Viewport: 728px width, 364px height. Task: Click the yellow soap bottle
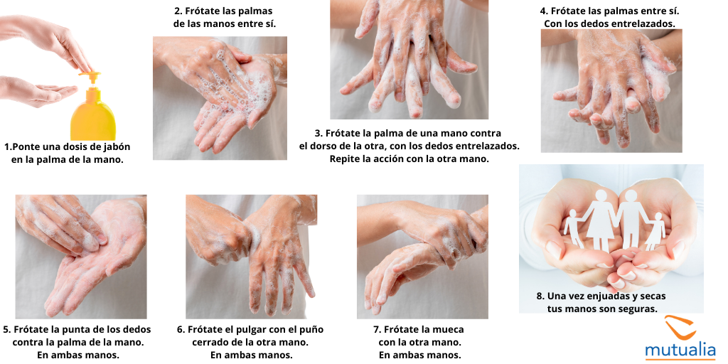pyautogui.click(x=92, y=114)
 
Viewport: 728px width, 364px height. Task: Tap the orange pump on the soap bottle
pyautogui.click(x=89, y=74)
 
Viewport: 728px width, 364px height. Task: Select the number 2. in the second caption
pyautogui.click(x=178, y=11)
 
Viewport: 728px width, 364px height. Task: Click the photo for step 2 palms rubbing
pyautogui.click(x=220, y=97)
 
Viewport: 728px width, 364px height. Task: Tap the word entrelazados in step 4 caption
pyautogui.click(x=641, y=23)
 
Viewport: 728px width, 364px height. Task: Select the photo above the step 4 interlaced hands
pyautogui.click(x=611, y=90)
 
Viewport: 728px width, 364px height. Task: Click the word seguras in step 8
pyautogui.click(x=633, y=309)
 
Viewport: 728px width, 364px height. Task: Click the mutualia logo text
pyautogui.click(x=681, y=349)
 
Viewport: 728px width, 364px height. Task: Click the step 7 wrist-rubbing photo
pyautogui.click(x=422, y=256)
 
